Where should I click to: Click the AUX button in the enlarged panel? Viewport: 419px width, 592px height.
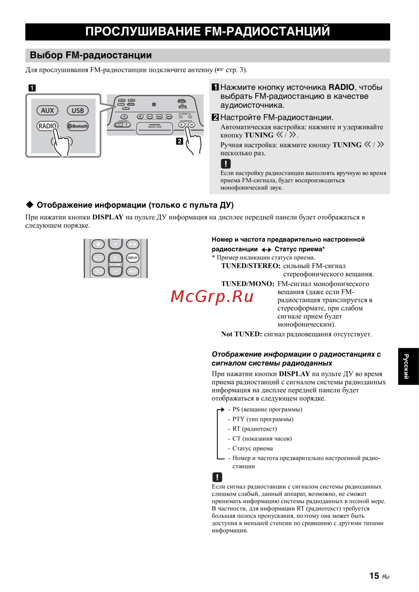pos(47,111)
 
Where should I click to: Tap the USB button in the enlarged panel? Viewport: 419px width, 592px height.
pos(78,111)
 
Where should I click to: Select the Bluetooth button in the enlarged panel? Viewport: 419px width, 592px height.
pos(78,126)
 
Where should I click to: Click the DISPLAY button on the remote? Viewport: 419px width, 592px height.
pos(132,258)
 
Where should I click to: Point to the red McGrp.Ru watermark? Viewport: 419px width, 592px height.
pos(212,297)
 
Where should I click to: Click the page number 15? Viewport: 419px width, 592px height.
pos(374,576)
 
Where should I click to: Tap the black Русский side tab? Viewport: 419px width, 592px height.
pos(408,366)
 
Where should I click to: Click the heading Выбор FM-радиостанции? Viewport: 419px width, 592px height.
pos(91,55)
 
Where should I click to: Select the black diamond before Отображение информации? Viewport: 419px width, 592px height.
pos(30,204)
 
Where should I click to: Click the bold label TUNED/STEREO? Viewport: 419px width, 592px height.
pos(251,266)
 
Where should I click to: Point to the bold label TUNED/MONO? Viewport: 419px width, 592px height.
pos(248,284)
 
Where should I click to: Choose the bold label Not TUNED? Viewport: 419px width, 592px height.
pos(241,334)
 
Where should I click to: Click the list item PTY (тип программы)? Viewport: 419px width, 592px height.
pos(263,419)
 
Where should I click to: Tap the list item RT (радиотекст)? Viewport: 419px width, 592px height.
pos(254,429)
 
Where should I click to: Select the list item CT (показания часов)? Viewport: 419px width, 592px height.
pos(262,439)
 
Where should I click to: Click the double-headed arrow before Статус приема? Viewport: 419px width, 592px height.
pos(266,250)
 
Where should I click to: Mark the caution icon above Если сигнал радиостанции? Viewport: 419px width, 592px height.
pos(217,477)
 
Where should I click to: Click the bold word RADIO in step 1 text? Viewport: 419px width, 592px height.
pos(341,87)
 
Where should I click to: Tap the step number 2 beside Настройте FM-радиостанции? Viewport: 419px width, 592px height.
pos(215,117)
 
